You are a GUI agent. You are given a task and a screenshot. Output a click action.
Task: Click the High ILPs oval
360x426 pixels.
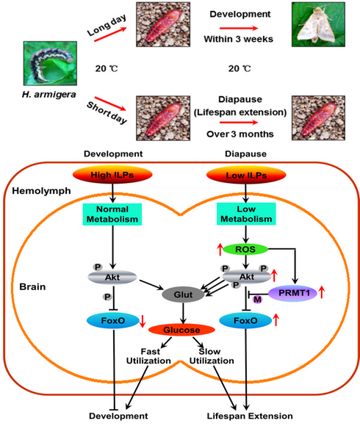pos(112,175)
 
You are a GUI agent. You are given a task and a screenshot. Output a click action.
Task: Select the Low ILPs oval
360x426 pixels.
pos(246,175)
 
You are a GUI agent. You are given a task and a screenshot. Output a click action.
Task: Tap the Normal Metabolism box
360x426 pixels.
pos(112,214)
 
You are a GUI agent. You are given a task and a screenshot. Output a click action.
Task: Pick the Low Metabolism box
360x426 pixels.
pos(246,214)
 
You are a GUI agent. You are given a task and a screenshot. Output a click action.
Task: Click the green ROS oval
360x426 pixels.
pos(245,250)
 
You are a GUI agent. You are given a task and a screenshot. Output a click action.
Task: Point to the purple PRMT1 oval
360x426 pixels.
pos(293,293)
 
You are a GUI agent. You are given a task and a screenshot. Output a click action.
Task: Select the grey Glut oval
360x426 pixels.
pos(183,295)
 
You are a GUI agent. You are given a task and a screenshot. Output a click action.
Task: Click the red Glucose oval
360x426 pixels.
pos(181,330)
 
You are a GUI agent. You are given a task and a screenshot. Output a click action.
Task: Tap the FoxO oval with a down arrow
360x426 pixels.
pos(113,320)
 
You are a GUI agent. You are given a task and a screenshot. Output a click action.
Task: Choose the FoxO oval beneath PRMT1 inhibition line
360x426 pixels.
pos(245,320)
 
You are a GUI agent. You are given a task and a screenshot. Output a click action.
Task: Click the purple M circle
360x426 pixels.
pos(257,300)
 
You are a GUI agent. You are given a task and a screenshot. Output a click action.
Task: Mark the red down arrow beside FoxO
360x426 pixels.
pos(143,321)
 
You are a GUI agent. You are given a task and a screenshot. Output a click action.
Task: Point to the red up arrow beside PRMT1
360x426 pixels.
pos(322,292)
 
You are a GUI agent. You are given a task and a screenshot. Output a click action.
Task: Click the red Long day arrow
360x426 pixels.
pos(110,35)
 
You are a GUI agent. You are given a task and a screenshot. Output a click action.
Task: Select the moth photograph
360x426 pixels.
pos(318,24)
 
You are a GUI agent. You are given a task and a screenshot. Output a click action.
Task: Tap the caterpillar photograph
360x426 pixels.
pos(50,63)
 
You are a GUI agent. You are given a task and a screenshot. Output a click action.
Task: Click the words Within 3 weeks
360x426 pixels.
pos(239,39)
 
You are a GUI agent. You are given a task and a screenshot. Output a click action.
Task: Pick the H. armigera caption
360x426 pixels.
pos(49,95)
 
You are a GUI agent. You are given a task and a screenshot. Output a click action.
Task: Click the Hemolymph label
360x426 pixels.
pos(41,191)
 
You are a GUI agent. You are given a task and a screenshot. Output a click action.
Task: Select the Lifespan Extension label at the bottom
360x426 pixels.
pos(250,416)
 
